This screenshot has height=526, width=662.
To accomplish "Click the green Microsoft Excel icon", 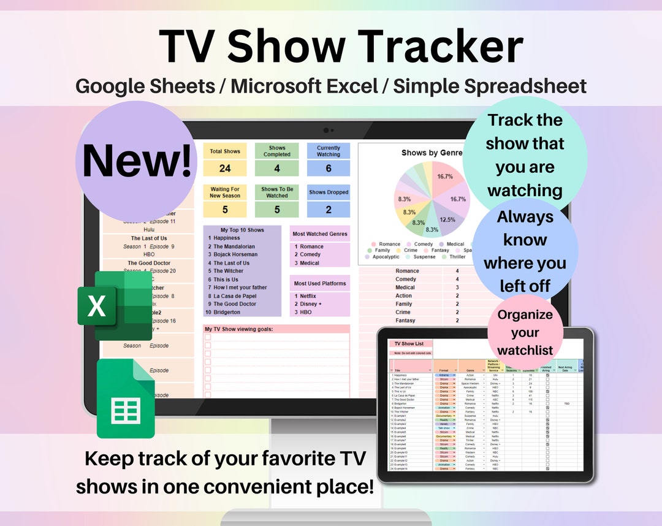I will pyautogui.click(x=115, y=305).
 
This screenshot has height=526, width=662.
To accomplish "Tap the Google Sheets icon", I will pyautogui.click(x=125, y=399).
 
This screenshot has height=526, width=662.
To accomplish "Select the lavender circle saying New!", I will pyautogui.click(x=137, y=161).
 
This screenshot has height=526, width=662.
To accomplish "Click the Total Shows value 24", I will pyautogui.click(x=225, y=168).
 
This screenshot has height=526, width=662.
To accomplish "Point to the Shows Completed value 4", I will pyautogui.click(x=277, y=168).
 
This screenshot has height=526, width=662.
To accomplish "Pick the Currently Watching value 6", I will pyautogui.click(x=329, y=168).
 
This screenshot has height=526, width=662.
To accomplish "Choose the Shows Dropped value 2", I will pyautogui.click(x=329, y=210).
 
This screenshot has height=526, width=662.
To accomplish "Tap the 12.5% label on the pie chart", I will pyautogui.click(x=447, y=219).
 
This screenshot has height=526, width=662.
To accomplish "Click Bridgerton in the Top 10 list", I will pyautogui.click(x=230, y=312).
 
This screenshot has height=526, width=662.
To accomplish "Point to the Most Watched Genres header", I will pyautogui.click(x=320, y=234).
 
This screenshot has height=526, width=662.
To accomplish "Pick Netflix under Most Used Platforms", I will pyautogui.click(x=308, y=296).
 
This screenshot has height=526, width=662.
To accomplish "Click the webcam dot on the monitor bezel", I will pyautogui.click(x=327, y=130).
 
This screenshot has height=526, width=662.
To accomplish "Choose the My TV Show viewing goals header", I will pyautogui.click(x=238, y=329).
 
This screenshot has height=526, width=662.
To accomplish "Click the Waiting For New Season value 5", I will pyautogui.click(x=225, y=210).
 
